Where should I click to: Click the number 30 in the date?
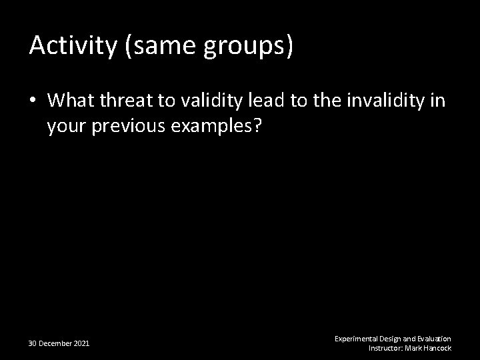point(33,343)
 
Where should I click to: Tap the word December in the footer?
point(56,343)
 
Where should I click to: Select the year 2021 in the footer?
point(81,343)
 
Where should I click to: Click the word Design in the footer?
point(391,339)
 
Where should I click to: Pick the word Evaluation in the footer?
point(434,339)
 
